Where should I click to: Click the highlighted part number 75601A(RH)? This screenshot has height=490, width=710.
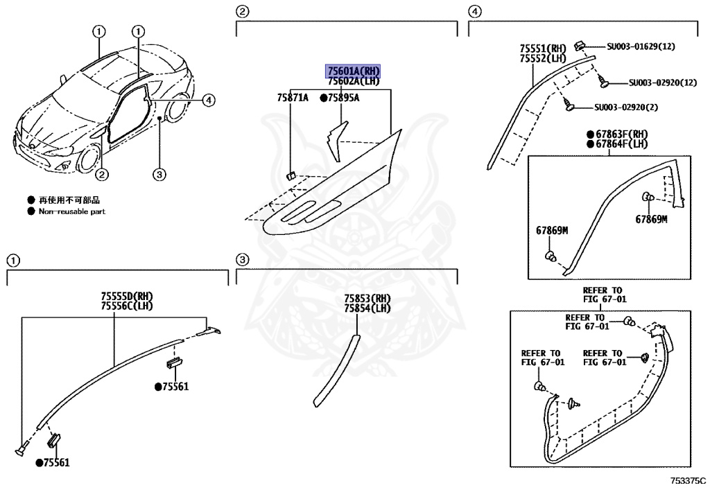point(354,71)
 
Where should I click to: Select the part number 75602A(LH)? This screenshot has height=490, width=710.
point(354,81)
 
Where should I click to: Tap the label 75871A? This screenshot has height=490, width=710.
point(293,98)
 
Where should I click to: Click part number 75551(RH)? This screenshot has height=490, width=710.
point(543,48)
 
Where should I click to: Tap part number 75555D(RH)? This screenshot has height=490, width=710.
point(126,297)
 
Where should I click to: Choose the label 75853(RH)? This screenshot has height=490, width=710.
point(367,299)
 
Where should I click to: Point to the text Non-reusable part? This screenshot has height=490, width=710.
point(72,211)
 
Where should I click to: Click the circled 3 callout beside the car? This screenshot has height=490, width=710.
point(159,174)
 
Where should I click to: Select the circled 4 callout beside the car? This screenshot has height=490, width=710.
point(209,100)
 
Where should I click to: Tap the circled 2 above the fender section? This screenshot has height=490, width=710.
point(242,11)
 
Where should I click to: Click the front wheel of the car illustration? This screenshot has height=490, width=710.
point(88,158)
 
